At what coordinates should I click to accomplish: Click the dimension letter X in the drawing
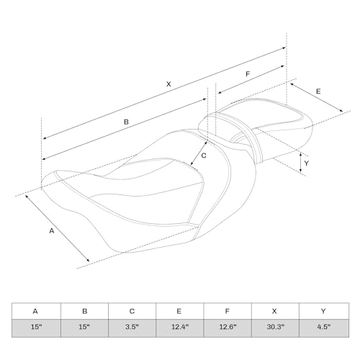point(168,84)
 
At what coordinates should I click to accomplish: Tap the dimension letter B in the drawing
point(126,122)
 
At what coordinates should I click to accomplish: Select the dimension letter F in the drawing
point(248,74)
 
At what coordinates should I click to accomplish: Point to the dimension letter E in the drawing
point(318,91)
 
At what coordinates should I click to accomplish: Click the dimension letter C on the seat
point(204,156)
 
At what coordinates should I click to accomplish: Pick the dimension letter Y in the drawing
point(306,163)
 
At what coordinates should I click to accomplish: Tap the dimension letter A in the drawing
point(52,231)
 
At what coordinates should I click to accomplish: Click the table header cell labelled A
point(36,311)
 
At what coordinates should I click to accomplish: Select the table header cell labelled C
point(132,311)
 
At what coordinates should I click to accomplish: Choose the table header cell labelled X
point(275,311)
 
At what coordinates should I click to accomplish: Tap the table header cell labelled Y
point(324,311)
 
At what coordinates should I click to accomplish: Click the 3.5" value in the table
point(132,327)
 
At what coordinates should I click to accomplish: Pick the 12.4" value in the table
point(180,327)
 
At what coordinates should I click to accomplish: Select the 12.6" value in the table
point(228,327)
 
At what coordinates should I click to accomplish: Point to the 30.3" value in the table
point(275,327)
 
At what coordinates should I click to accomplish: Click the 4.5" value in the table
point(324,327)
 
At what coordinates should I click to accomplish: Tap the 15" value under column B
point(84,327)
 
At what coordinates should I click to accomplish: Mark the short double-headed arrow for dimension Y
point(301,163)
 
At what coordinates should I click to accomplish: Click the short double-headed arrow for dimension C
point(199,153)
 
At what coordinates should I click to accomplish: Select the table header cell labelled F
point(228,311)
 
